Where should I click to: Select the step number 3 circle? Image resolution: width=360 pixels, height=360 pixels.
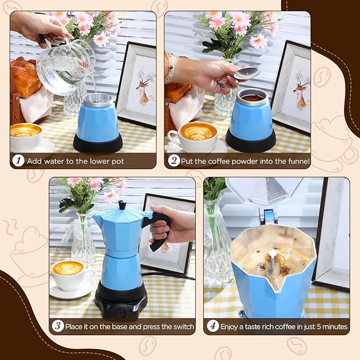coord(58,326)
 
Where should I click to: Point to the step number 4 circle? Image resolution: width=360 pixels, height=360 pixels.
coord(213,326)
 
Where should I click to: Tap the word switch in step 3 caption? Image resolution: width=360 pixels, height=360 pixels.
coord(181,326)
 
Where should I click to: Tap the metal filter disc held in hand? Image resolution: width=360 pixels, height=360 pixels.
coord(248,73)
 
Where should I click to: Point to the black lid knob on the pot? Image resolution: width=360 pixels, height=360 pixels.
coord(122,205)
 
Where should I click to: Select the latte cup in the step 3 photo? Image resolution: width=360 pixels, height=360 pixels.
coord(69,273)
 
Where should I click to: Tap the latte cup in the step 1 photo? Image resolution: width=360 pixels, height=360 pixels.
coord(25,135)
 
